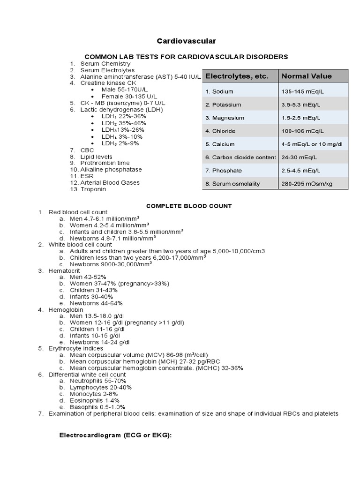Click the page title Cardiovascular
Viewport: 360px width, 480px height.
180,41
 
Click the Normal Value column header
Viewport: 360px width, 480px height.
306,76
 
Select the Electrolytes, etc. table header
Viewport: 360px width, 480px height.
237,76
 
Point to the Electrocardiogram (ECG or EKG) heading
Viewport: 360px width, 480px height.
116,435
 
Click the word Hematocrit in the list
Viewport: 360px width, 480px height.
64,271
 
